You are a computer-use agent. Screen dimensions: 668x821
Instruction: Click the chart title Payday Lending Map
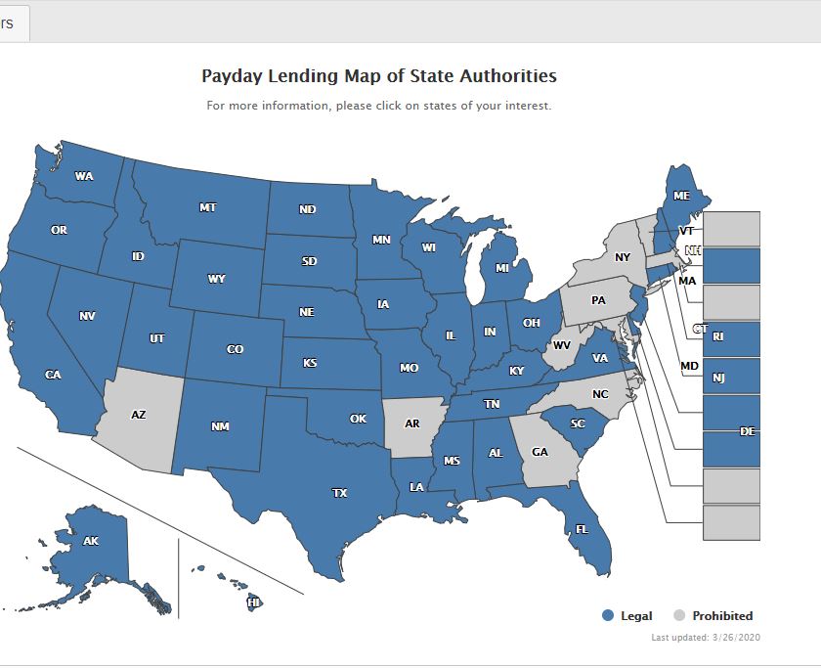pyautogui.click(x=378, y=75)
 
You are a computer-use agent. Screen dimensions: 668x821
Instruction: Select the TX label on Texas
pyautogui.click(x=339, y=493)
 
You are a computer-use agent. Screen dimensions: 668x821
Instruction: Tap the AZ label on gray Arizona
pyautogui.click(x=138, y=415)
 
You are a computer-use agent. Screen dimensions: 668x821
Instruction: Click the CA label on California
pyautogui.click(x=53, y=375)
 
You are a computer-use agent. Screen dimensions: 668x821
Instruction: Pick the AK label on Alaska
pyautogui.click(x=91, y=541)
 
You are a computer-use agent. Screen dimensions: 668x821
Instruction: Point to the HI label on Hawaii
pyautogui.click(x=253, y=603)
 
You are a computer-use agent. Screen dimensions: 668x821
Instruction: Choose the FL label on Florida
pyautogui.click(x=582, y=528)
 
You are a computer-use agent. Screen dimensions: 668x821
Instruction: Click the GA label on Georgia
pyautogui.click(x=540, y=452)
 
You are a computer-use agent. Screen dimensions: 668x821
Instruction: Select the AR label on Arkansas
pyautogui.click(x=411, y=423)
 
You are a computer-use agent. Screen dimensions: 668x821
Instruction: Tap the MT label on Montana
pyautogui.click(x=207, y=207)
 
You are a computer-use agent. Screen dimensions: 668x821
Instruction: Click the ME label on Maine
pyautogui.click(x=681, y=196)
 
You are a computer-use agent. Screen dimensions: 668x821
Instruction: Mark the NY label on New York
pyautogui.click(x=623, y=257)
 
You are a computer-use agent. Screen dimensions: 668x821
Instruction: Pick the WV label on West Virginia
pyautogui.click(x=562, y=345)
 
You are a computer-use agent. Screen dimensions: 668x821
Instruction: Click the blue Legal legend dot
pyautogui.click(x=608, y=615)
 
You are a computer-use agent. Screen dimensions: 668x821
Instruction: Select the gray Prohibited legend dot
pyautogui.click(x=679, y=615)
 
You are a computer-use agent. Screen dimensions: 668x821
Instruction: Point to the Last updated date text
pyautogui.click(x=706, y=638)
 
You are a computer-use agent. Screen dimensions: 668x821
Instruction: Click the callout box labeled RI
pyautogui.click(x=731, y=337)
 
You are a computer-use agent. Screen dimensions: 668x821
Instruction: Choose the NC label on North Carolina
pyautogui.click(x=600, y=394)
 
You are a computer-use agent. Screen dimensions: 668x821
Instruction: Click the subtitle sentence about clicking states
pyautogui.click(x=378, y=106)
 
